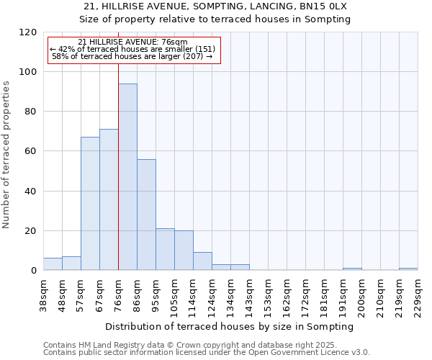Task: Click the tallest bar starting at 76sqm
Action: pos(127,177)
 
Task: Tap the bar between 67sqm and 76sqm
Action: pos(109,199)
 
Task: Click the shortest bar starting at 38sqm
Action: pos(53,264)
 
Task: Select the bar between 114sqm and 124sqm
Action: pos(202,261)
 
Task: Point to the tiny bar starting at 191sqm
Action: pos(352,269)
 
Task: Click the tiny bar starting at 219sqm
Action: pos(408,269)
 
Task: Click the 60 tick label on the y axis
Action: pos(31,151)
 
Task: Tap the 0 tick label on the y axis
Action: pos(34,271)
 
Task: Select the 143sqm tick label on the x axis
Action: pos(249,294)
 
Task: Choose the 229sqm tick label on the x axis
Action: pos(418,294)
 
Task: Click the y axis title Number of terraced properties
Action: pos(6,155)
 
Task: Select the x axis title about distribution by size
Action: pos(230,326)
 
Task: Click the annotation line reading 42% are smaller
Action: pos(132,48)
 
